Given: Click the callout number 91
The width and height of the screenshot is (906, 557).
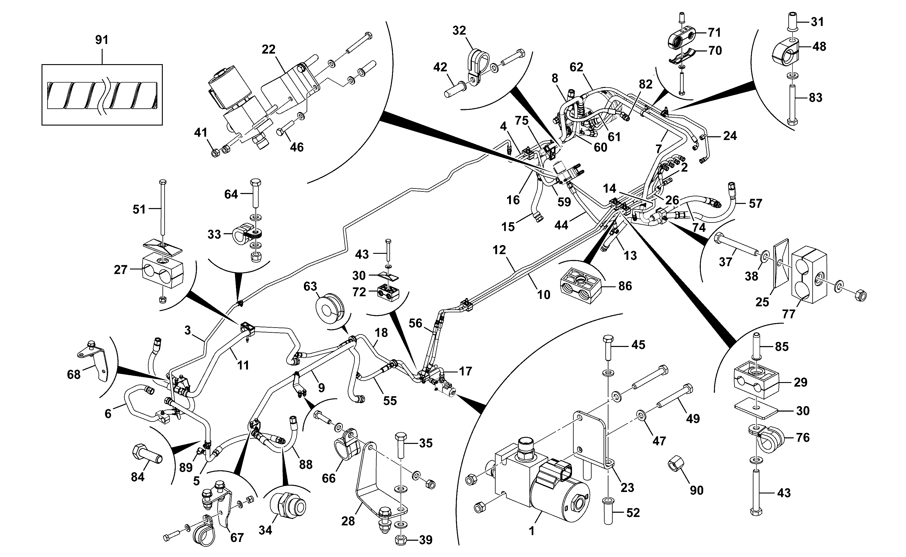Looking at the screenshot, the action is click(102, 40).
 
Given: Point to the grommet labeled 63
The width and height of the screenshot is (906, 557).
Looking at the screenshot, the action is click(330, 308).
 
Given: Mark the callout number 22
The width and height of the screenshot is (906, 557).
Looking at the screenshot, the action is click(268, 49).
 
